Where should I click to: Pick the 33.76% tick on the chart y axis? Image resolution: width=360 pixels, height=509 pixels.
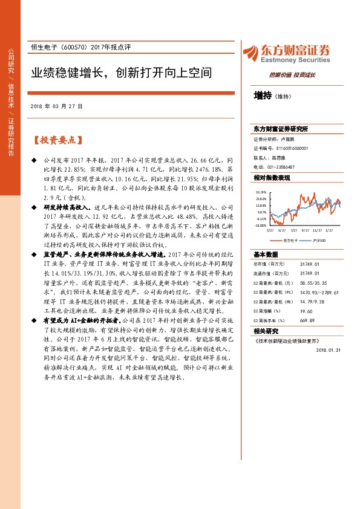tap(261, 191)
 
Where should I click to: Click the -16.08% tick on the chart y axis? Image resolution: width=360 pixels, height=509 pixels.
tap(261, 225)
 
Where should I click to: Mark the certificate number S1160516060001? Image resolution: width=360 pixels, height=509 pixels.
tap(287, 148)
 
